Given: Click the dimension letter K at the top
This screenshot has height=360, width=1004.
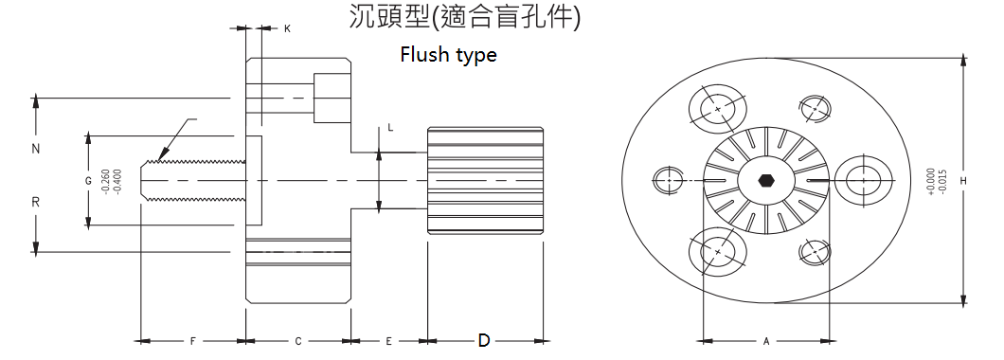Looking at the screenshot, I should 287,29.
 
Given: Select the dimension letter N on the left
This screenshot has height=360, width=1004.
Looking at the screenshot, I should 36,150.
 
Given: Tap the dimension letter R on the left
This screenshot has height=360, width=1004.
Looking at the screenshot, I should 36,203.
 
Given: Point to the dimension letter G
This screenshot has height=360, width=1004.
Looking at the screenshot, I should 87,179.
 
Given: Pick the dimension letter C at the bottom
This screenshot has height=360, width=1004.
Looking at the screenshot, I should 298,340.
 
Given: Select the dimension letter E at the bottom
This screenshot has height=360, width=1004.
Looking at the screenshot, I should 388,340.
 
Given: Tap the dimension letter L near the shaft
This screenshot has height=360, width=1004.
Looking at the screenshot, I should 390,126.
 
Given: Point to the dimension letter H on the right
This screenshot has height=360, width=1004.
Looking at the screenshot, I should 962,180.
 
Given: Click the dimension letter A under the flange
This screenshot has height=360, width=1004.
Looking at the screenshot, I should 766,340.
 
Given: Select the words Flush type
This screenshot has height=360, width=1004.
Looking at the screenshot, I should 448,55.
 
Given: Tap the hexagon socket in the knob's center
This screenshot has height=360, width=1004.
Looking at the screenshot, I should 765,179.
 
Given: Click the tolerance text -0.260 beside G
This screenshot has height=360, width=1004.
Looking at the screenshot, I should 103,180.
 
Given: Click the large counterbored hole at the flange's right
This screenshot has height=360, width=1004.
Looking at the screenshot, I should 863,179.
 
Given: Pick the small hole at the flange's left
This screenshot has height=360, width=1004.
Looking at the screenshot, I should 670,179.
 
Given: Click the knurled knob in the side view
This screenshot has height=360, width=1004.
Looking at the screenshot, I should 485,180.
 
